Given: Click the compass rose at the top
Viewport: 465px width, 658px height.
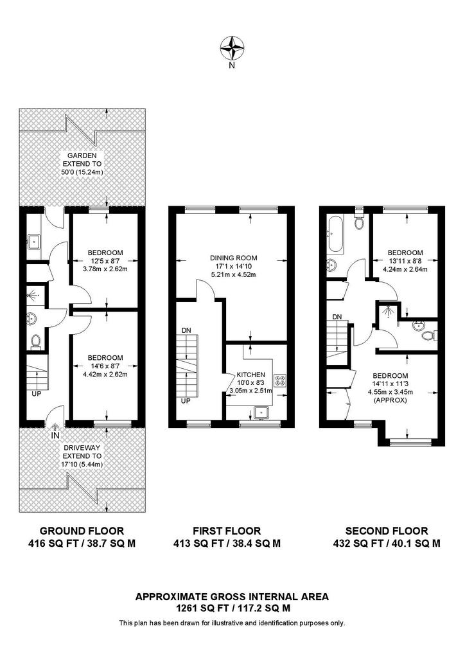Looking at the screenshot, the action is pyautogui.click(x=232, y=48).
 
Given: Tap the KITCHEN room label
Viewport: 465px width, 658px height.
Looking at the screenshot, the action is pyautogui.click(x=250, y=375).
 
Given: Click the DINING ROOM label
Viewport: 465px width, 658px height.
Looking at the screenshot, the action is pyautogui.click(x=234, y=258).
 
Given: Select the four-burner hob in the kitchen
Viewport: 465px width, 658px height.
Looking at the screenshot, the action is pyautogui.click(x=279, y=380).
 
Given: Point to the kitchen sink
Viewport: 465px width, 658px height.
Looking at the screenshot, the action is pyautogui.click(x=261, y=413).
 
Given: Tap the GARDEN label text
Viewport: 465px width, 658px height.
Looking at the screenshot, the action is pyautogui.click(x=82, y=156).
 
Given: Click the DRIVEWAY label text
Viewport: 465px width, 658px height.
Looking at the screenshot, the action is pyautogui.click(x=82, y=448).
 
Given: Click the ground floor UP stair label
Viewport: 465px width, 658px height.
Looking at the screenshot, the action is pyautogui.click(x=37, y=394).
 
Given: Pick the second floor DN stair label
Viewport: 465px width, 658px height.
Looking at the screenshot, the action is pyautogui.click(x=337, y=317).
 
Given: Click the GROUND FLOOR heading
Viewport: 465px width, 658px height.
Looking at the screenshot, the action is pyautogui.click(x=82, y=531).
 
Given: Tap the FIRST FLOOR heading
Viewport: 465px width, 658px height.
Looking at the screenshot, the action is pyautogui.click(x=227, y=531).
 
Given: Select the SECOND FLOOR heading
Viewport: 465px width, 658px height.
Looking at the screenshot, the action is pyautogui.click(x=387, y=531).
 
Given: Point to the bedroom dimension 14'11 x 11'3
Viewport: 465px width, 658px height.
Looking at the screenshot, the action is pyautogui.click(x=390, y=384).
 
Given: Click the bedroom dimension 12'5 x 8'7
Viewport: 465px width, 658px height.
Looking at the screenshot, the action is pyautogui.click(x=105, y=261).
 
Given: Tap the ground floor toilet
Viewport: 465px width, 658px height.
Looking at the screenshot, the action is pyautogui.click(x=36, y=341).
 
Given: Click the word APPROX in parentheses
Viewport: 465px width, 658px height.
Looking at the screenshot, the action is pyautogui.click(x=390, y=400).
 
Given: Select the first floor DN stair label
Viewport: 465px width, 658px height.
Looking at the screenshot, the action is pyautogui.click(x=187, y=331).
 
